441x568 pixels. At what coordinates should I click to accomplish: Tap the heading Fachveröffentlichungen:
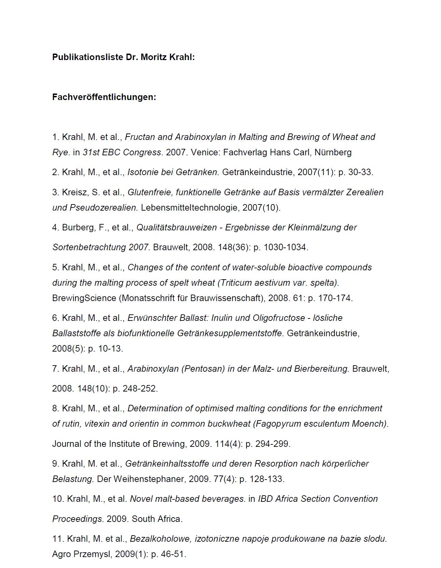tap(104, 97)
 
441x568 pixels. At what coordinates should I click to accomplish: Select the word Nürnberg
tap(333, 152)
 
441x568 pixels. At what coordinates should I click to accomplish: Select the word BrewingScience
tap(84, 298)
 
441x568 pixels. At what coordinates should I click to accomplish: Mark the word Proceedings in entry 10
tap(77, 519)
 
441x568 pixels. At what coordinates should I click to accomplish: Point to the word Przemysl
tap(94, 554)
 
